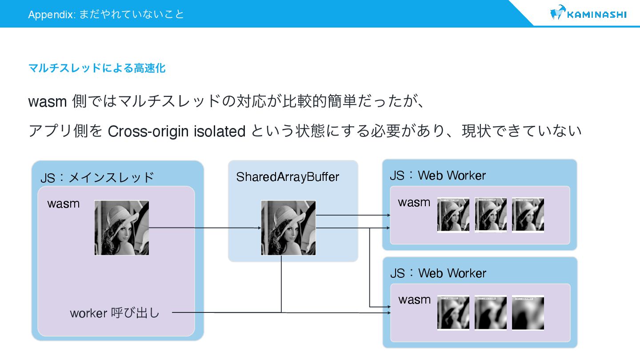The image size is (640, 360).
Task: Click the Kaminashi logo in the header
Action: click(x=588, y=14)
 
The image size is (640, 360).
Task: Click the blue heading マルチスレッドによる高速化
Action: click(x=97, y=68)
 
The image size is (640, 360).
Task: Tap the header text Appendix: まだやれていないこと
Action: click(x=106, y=14)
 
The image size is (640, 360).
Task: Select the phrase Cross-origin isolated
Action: click(x=176, y=132)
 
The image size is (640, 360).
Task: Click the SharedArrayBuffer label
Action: click(x=288, y=177)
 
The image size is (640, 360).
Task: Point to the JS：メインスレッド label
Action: click(x=97, y=177)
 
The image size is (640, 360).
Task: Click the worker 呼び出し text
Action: click(x=115, y=313)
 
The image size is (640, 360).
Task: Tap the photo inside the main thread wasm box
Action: click(x=122, y=228)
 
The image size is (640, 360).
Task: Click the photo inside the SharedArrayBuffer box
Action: click(x=288, y=228)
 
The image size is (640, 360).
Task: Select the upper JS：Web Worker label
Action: click(x=438, y=176)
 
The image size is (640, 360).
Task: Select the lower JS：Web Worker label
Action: click(x=438, y=273)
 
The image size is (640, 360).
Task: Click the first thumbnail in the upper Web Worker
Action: click(x=453, y=215)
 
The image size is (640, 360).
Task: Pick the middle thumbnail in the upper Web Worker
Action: click(x=491, y=215)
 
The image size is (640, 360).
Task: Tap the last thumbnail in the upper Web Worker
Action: click(x=528, y=215)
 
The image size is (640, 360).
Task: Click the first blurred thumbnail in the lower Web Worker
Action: click(x=453, y=312)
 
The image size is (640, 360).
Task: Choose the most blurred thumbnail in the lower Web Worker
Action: click(x=528, y=312)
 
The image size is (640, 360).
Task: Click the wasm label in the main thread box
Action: click(x=64, y=204)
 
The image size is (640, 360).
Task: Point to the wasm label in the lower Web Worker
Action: click(x=414, y=300)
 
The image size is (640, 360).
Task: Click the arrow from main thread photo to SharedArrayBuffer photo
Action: click(x=204, y=228)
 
